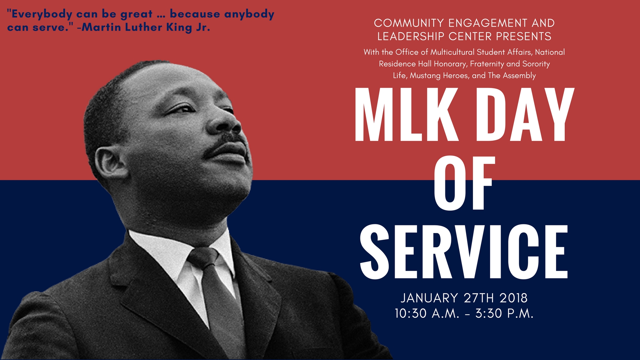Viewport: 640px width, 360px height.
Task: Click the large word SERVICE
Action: (x=464, y=252)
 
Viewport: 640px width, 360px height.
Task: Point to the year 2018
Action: (x=514, y=298)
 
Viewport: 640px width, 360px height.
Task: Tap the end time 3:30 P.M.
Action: (x=504, y=314)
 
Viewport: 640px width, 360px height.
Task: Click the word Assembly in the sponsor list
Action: (x=519, y=76)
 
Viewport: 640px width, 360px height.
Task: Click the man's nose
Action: (x=230, y=123)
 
